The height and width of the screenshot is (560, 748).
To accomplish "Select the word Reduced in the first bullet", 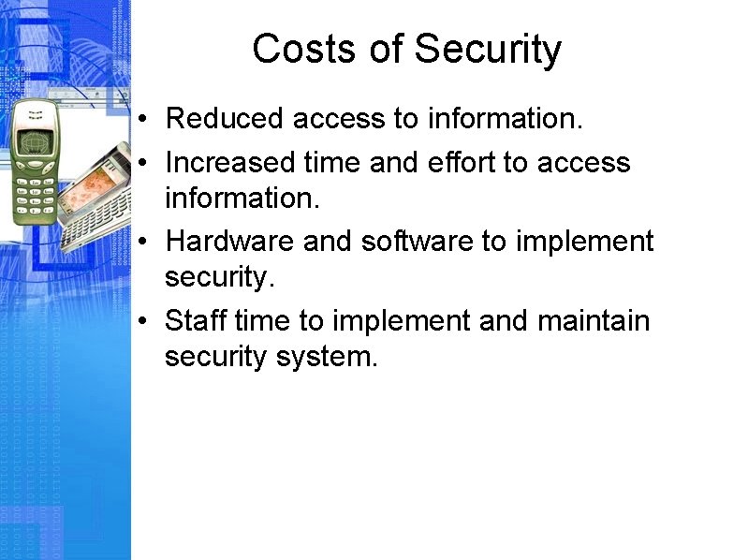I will (x=224, y=119).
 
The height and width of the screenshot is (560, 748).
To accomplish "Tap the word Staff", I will (x=196, y=320).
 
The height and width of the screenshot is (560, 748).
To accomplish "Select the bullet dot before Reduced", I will (x=139, y=120).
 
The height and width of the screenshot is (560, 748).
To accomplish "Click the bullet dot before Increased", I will (x=139, y=163).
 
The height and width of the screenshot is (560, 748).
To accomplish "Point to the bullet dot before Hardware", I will (x=139, y=242).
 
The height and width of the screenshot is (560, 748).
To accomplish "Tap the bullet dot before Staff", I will (x=139, y=321).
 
